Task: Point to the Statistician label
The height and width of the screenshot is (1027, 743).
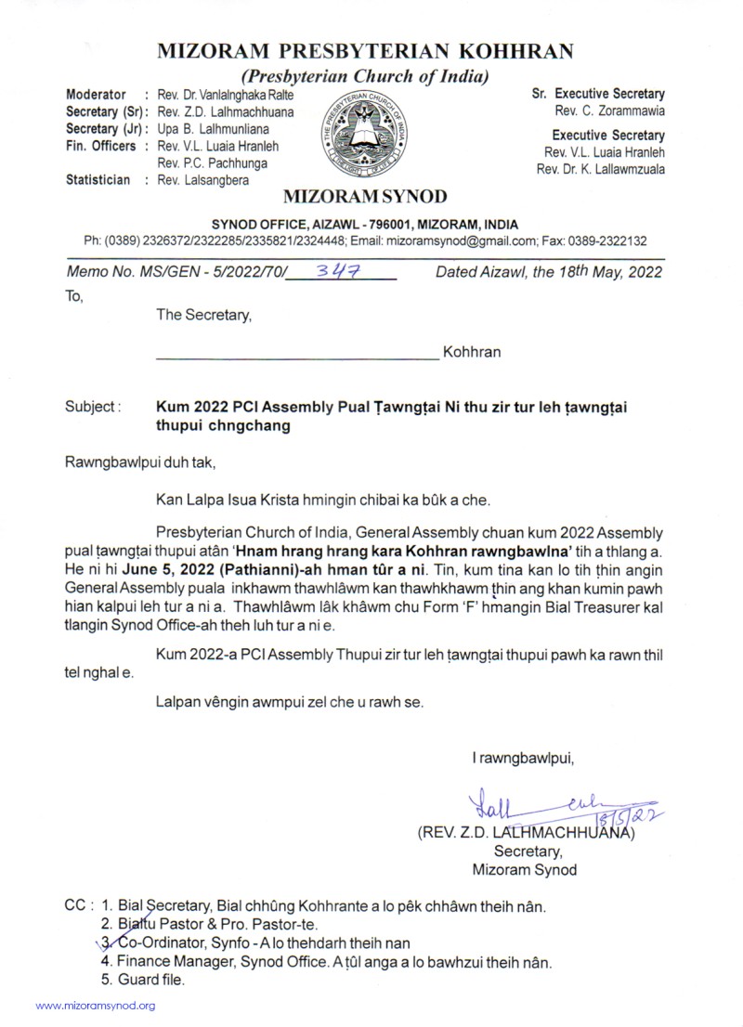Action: (98, 180)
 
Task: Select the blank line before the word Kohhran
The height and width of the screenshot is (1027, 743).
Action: (294, 354)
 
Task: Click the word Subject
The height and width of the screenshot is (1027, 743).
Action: (91, 406)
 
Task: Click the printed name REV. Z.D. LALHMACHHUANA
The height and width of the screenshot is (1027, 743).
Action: (526, 832)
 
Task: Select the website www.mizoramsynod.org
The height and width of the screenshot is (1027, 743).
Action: (96, 1006)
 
